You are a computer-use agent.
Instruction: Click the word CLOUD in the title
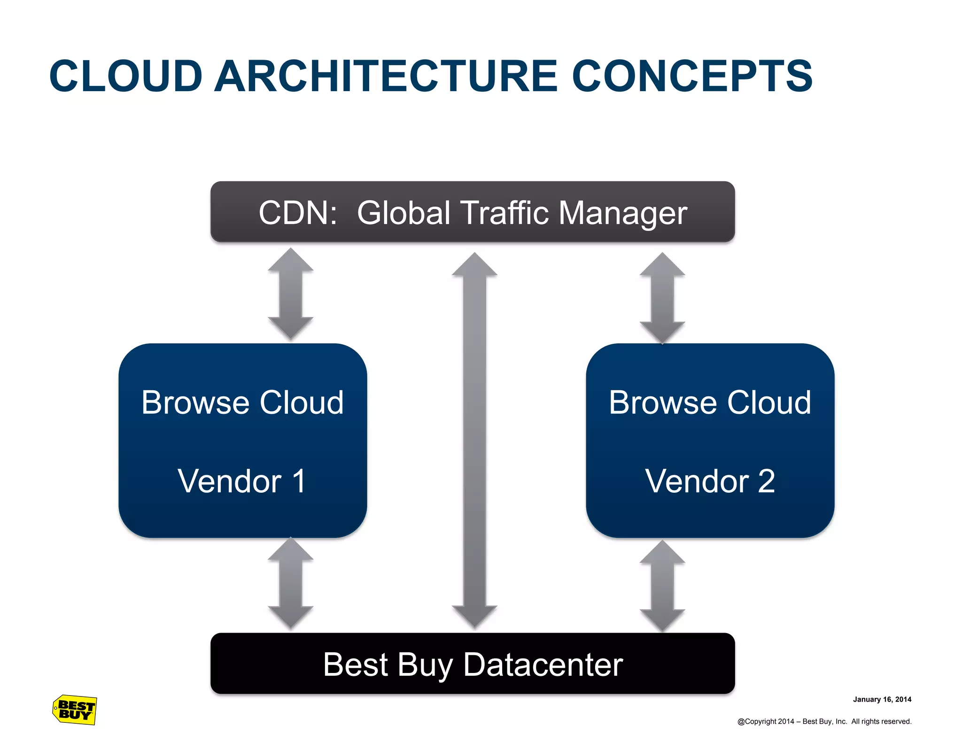126,76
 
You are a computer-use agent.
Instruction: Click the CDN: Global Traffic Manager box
473,212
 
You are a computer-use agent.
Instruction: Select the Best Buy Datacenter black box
473,663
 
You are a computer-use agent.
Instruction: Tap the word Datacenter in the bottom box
543,665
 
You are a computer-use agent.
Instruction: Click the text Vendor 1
242,481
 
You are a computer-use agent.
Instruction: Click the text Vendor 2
710,481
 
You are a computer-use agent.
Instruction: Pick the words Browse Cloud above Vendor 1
242,402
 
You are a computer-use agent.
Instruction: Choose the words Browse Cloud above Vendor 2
710,402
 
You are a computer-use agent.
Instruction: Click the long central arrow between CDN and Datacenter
474,440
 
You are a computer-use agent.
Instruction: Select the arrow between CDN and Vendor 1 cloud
290,294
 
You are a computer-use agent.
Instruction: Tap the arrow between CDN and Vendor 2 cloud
662,298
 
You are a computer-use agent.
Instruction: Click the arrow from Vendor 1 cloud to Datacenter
290,583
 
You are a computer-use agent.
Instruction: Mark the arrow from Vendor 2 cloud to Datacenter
662,586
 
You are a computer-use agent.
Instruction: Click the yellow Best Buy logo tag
75,710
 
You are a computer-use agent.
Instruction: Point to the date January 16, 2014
882,699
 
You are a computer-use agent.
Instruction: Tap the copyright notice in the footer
824,721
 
